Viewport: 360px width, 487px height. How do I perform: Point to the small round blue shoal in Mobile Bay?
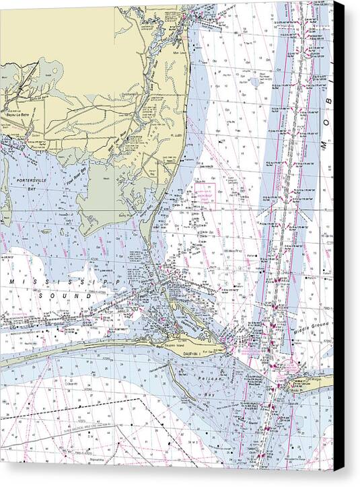click(x=256, y=81)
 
